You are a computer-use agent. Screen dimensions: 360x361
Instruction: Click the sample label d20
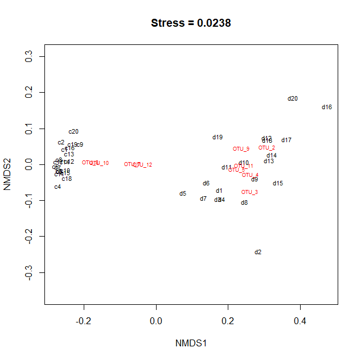[293, 99]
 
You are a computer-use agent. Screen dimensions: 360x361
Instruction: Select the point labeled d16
[327, 107]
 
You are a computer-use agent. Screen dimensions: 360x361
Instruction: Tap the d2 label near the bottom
[258, 252]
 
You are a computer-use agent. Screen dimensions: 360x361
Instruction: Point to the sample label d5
[183, 194]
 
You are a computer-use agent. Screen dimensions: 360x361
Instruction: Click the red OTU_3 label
[249, 192]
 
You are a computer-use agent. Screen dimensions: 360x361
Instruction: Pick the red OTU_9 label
[241, 149]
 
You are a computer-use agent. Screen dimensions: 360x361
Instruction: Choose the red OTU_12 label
[143, 165]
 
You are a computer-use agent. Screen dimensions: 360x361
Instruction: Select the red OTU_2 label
[266, 148]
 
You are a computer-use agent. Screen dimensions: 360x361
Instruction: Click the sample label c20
[73, 132]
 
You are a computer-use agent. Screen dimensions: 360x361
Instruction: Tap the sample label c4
[58, 187]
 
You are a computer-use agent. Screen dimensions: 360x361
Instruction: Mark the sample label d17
[286, 140]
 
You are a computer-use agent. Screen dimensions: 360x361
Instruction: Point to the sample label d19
[218, 137]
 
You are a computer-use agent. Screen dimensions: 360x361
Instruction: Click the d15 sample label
[278, 183]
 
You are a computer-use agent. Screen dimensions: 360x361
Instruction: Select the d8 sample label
[244, 202]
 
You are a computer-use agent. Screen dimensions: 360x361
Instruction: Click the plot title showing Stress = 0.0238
[191, 23]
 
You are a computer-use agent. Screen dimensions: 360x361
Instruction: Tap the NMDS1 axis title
[191, 344]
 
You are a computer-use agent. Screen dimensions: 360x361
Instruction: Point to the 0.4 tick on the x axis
[300, 321]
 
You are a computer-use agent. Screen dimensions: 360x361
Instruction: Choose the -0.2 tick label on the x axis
[84, 321]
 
